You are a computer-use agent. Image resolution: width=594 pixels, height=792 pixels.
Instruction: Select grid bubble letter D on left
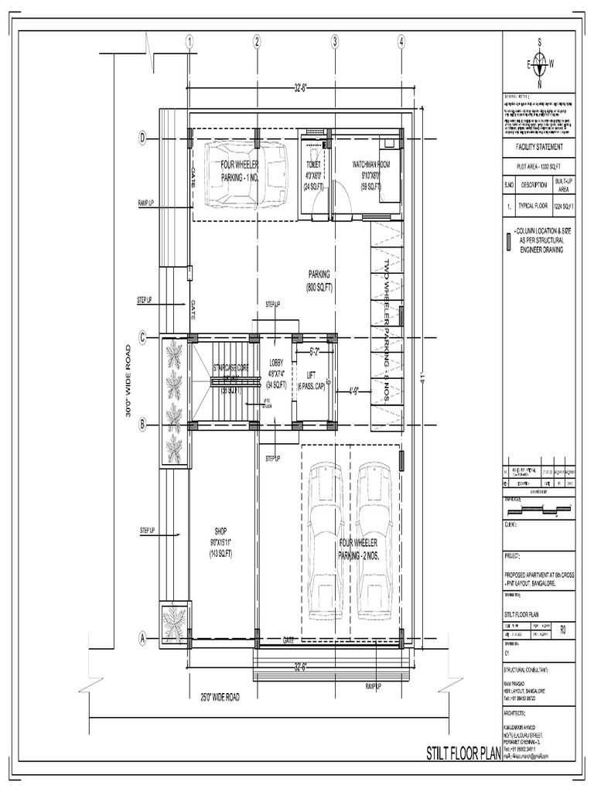coord(142,138)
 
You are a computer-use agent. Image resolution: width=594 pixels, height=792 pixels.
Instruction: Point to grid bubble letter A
coord(142,639)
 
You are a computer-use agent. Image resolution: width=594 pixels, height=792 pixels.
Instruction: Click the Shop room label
coord(220,541)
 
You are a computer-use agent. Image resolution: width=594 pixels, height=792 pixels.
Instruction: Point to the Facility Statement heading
coord(540,147)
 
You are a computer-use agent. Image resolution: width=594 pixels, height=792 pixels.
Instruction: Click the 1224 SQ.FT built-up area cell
coord(564,207)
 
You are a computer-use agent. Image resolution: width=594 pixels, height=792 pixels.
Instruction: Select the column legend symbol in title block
coord(508,240)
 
